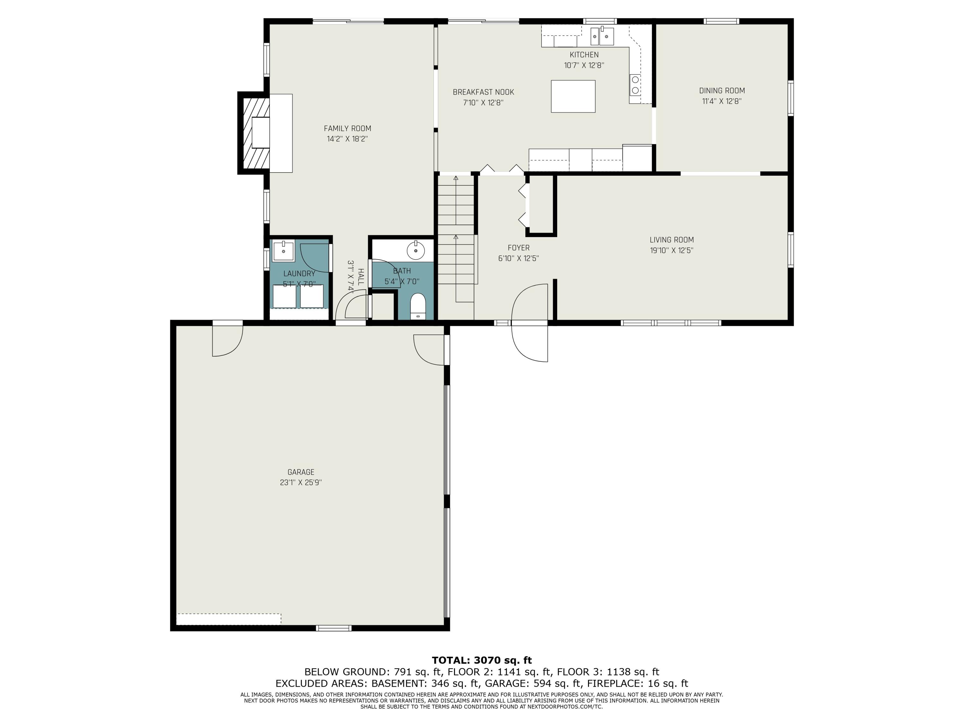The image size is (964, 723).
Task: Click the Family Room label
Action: [x=347, y=129]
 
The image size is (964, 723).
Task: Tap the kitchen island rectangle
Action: [x=573, y=96]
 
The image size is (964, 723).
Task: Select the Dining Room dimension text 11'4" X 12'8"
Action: [x=722, y=101]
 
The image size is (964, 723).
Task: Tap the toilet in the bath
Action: [x=418, y=306]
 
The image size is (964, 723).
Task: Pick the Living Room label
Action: [x=672, y=240]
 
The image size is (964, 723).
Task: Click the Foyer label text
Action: [x=519, y=248]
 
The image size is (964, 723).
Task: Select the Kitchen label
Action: [x=584, y=55]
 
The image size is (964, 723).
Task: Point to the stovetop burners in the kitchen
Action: [x=635, y=85]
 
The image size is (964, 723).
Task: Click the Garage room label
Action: [x=301, y=472]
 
